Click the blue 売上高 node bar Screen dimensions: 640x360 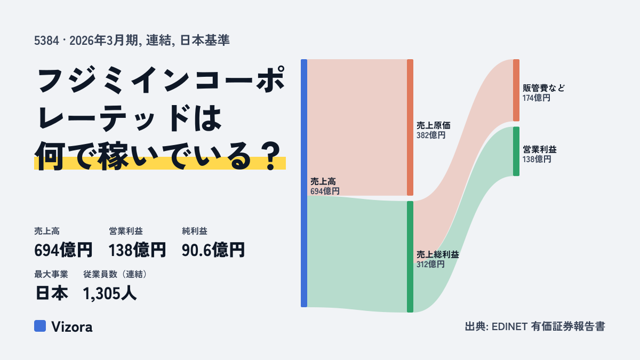[304, 183]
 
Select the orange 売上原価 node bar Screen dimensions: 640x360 [410, 127]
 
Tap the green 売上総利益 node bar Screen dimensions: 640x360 [410, 257]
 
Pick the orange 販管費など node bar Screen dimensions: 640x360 [516, 90]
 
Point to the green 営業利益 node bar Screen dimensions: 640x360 [516, 151]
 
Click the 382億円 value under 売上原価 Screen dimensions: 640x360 [431, 135]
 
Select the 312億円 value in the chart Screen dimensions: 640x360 [430, 265]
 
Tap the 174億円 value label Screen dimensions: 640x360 [537, 98]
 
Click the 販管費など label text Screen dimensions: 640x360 [543, 88]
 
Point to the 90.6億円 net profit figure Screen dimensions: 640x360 [213, 250]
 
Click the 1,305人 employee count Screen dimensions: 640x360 [110, 293]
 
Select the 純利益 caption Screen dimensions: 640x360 [195, 231]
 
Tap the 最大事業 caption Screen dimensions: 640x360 [51, 274]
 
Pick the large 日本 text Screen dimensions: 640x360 [52, 293]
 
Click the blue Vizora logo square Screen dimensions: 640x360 [40, 326]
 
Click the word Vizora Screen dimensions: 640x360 [72, 327]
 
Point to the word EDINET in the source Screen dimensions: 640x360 [509, 326]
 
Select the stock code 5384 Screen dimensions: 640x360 [46, 41]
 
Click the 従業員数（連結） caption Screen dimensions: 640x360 [115, 274]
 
